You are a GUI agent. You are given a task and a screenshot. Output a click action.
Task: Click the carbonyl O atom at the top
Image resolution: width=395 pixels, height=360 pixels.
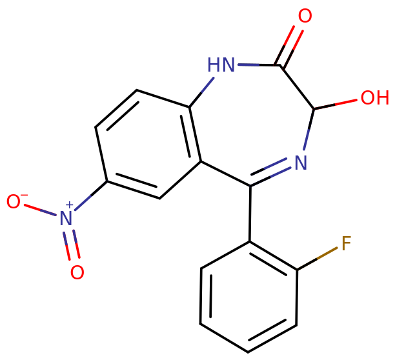coord(304,16)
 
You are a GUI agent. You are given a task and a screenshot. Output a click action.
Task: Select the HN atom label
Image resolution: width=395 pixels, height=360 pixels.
coord(221,65)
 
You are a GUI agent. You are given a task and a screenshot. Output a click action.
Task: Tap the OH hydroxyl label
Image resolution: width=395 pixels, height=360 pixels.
coord(374,98)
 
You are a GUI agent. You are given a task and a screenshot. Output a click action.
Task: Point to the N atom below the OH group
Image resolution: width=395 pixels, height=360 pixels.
coord(300,163)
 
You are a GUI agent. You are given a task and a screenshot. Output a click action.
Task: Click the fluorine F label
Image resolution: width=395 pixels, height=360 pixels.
coord(345,243)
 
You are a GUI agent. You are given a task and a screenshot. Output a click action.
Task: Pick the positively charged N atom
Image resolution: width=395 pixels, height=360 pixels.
coord(65,219)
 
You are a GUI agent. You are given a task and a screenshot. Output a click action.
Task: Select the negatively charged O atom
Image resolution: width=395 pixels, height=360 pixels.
coord(13,201)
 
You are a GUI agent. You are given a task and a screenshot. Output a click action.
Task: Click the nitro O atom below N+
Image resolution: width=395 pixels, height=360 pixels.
coord(77,272)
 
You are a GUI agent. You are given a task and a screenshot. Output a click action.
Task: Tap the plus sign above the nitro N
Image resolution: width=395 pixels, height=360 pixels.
coord(70,205)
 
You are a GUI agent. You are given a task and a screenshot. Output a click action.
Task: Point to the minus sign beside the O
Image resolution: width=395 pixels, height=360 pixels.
coord(24,194)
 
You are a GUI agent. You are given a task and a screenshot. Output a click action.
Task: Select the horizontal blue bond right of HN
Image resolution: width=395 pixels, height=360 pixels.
coord(248,65)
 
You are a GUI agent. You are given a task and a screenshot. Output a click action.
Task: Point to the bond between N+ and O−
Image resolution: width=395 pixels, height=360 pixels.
coord(39,210)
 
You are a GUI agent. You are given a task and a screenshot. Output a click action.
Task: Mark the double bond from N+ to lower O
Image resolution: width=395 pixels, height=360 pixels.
coord(72,246)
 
